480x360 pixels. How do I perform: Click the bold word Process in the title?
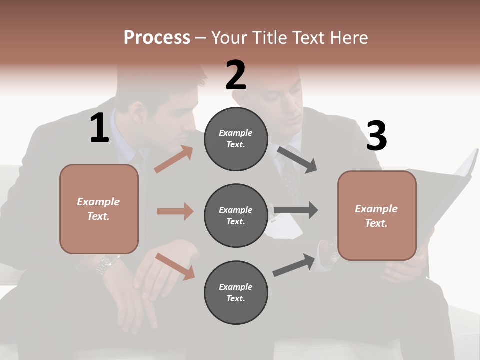tap(157, 37)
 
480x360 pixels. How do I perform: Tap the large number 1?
tap(99, 128)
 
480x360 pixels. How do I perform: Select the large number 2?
tap(236, 75)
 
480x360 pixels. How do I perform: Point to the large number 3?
tap(376, 136)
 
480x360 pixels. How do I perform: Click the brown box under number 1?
tap(99, 209)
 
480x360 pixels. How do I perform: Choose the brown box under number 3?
tap(377, 215)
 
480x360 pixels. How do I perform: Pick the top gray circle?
tap(236, 139)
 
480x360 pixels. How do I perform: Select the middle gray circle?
tap(236, 215)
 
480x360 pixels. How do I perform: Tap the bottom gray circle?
tap(236, 292)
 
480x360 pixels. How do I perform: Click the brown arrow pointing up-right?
tap(174, 159)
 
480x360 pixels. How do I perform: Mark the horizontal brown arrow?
tap(175, 211)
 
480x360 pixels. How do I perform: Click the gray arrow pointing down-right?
tap(297, 159)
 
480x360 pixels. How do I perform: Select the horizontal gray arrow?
tap(295, 210)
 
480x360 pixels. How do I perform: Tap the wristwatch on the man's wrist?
tap(107, 264)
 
